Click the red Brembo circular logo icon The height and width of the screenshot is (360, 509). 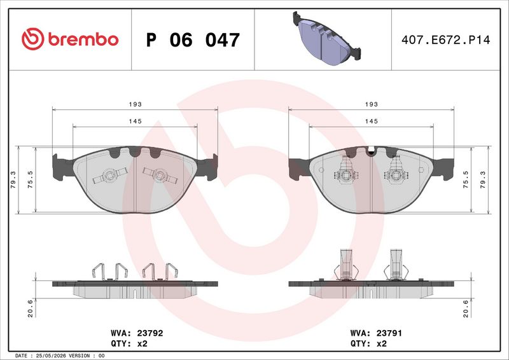click(x=33, y=39)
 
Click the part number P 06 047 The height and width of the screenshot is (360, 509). click(x=193, y=40)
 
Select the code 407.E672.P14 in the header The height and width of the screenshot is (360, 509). click(x=446, y=40)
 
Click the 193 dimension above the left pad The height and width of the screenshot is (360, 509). click(x=135, y=104)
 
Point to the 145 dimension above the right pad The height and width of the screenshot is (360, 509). click(x=372, y=121)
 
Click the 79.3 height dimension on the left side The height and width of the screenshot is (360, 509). click(x=13, y=180)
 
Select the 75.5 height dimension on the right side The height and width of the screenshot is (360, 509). click(x=466, y=180)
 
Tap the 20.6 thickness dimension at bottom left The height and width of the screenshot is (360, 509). click(x=30, y=308)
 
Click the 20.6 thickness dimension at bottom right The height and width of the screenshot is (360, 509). click(x=466, y=308)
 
